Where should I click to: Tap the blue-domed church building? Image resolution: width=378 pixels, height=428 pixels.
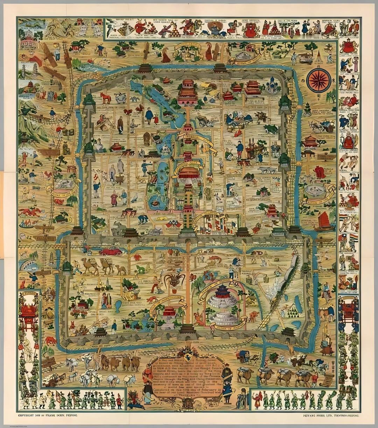pos(272,86)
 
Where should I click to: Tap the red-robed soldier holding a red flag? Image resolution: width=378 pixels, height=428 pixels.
pos(258,398)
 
